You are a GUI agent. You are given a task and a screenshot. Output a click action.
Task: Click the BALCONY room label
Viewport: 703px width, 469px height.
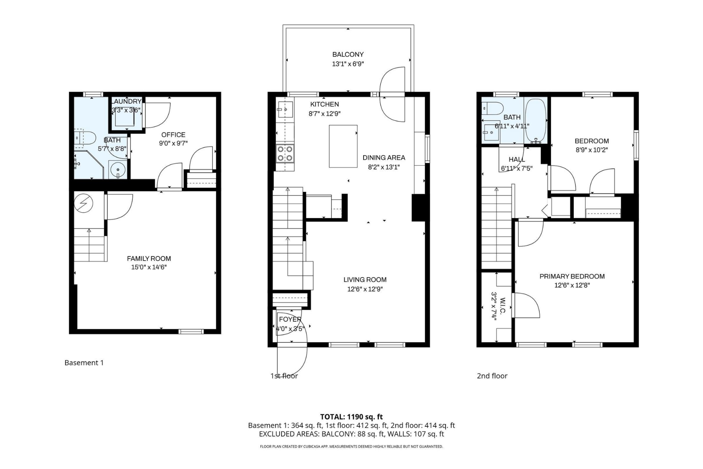348,55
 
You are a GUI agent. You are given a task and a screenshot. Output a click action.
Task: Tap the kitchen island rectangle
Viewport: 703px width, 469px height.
343,146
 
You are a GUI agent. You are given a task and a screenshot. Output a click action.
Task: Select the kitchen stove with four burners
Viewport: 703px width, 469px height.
285,153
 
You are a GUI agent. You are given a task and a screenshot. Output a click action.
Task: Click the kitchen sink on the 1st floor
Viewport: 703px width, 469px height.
284,109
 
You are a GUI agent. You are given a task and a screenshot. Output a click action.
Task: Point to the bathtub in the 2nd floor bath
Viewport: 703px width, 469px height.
535,120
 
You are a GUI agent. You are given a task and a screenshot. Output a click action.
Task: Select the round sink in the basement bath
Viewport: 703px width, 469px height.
118,170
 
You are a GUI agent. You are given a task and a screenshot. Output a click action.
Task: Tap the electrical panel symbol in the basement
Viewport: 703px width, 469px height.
84,204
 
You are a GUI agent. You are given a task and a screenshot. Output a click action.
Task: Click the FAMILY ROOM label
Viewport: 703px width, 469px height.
149,258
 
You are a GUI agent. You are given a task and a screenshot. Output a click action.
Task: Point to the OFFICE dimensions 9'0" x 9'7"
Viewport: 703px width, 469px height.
173,143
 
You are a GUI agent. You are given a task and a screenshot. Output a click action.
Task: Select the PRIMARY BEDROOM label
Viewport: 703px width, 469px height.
572,276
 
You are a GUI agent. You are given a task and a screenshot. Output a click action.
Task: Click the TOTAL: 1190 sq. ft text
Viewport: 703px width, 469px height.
351,417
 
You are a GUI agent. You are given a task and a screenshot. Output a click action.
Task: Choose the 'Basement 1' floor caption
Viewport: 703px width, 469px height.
84,363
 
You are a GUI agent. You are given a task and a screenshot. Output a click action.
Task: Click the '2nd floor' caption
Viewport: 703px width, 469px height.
492,376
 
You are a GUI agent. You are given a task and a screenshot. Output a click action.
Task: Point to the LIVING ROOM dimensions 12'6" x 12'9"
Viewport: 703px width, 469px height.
365,289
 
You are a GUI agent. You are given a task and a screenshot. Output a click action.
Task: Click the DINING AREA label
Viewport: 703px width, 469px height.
384,158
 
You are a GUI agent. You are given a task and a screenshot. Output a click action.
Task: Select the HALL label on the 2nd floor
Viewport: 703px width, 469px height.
516,159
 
